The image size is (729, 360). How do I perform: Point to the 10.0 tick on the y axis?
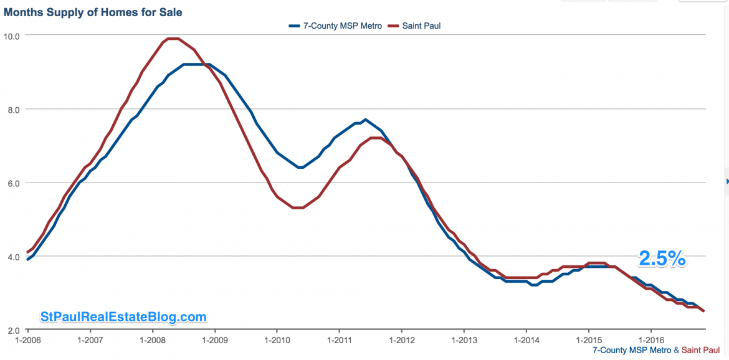click(12, 36)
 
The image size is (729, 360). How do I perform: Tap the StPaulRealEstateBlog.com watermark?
click(123, 317)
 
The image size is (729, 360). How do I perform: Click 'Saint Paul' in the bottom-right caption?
click(705, 351)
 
